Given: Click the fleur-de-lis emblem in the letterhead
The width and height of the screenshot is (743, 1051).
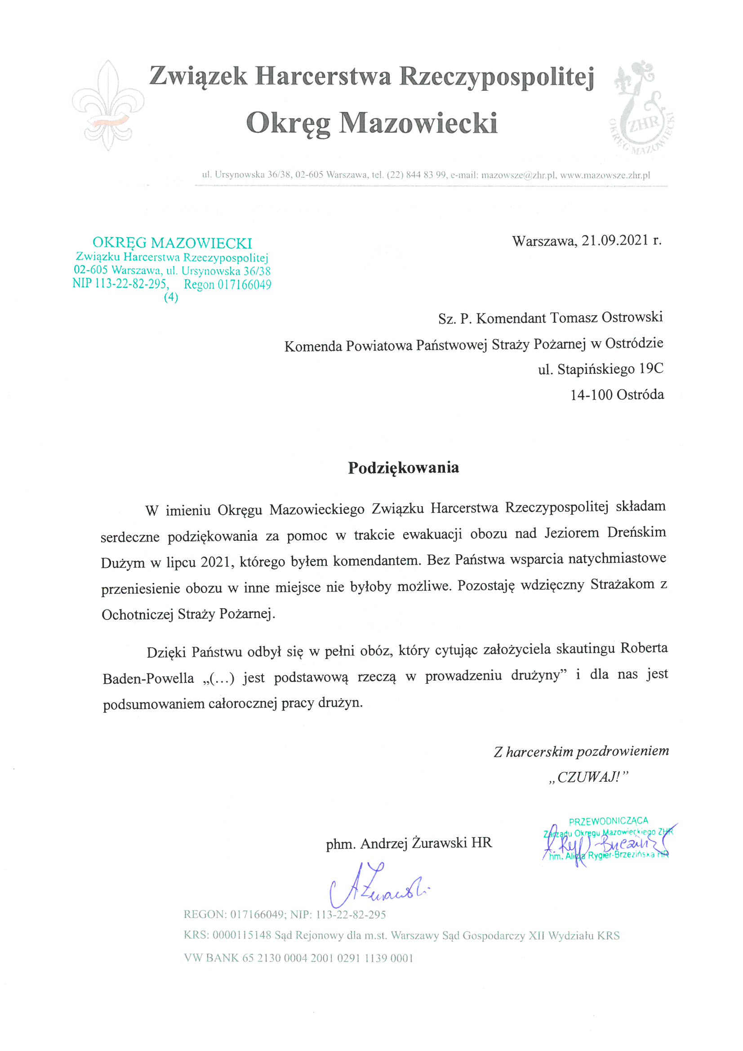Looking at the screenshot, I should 108,106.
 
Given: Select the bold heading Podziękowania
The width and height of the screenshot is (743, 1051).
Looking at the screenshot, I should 403,468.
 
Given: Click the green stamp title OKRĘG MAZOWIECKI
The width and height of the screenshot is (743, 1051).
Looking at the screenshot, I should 172,243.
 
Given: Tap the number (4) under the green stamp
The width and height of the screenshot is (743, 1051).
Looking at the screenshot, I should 171,297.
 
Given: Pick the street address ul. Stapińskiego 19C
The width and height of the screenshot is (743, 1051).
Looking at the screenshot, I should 601,369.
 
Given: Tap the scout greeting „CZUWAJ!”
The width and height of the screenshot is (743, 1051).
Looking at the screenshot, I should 589,777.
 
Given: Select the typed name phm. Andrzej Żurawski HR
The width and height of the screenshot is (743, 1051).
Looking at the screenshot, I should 409,843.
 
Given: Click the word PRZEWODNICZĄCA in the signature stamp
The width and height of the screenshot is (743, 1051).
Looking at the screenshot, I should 609,821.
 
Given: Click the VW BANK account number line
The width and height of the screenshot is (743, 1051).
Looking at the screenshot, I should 298,958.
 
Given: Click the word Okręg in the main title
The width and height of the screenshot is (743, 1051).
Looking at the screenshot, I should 287,124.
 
